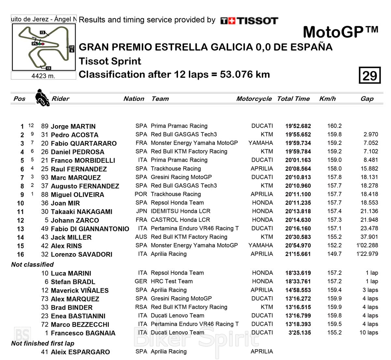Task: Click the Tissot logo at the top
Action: click(249, 21)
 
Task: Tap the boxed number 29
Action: click(369, 76)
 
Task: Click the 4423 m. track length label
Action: click(43, 76)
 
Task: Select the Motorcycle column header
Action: click(254, 99)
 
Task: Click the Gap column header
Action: click(367, 99)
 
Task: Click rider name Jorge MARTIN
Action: click(73, 126)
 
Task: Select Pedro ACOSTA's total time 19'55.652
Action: click(298, 134)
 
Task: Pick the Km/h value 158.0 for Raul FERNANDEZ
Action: click(334, 169)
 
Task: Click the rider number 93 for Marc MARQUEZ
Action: click(45, 177)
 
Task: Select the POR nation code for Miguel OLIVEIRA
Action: click(141, 194)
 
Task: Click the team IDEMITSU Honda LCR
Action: click(181, 211)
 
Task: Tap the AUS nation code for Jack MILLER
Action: click(141, 237)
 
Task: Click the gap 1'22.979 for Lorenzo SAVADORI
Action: click(367, 254)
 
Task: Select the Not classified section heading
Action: click(32, 265)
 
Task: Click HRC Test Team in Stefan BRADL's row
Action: click(171, 281)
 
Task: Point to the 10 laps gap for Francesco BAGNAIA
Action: click(369, 332)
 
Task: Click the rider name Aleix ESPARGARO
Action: click(80, 352)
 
